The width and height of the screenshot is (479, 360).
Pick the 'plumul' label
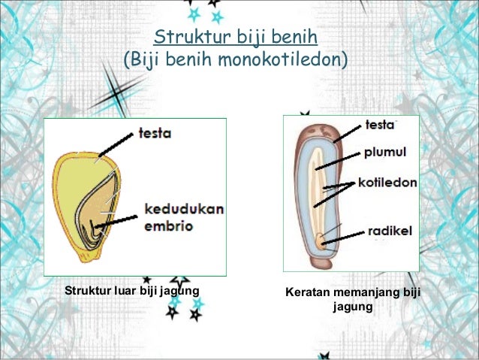[x=385, y=153]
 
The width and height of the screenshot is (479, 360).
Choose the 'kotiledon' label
[x=387, y=183]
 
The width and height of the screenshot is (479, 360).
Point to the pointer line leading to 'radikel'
[x=344, y=237]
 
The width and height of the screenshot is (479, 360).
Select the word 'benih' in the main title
[x=297, y=37]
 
